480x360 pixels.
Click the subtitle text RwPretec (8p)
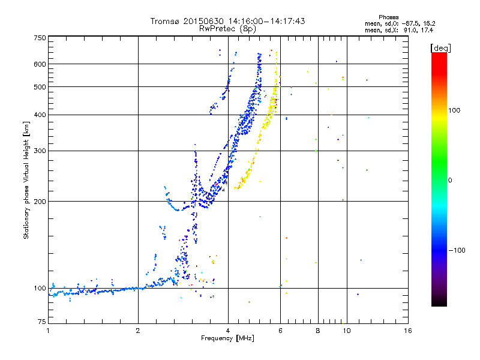pos(227,29)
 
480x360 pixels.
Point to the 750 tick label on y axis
pos(40,38)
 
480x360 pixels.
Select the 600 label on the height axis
pos(40,64)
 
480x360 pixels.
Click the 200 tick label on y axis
pos(40,202)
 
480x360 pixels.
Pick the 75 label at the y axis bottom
pos(41,322)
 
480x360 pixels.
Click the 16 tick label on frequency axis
pos(408,331)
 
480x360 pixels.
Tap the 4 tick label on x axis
pos(228,331)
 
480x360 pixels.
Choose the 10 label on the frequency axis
pos(347,331)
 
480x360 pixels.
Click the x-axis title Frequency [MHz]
pos(227,338)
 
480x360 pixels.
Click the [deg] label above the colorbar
pos(440,49)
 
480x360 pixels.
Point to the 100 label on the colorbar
pos(454,110)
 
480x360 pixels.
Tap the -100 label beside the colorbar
pos(457,250)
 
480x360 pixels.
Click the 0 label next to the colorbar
pos(450,181)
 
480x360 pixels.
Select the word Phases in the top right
pos(388,17)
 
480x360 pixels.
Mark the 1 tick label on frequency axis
pos(48,331)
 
